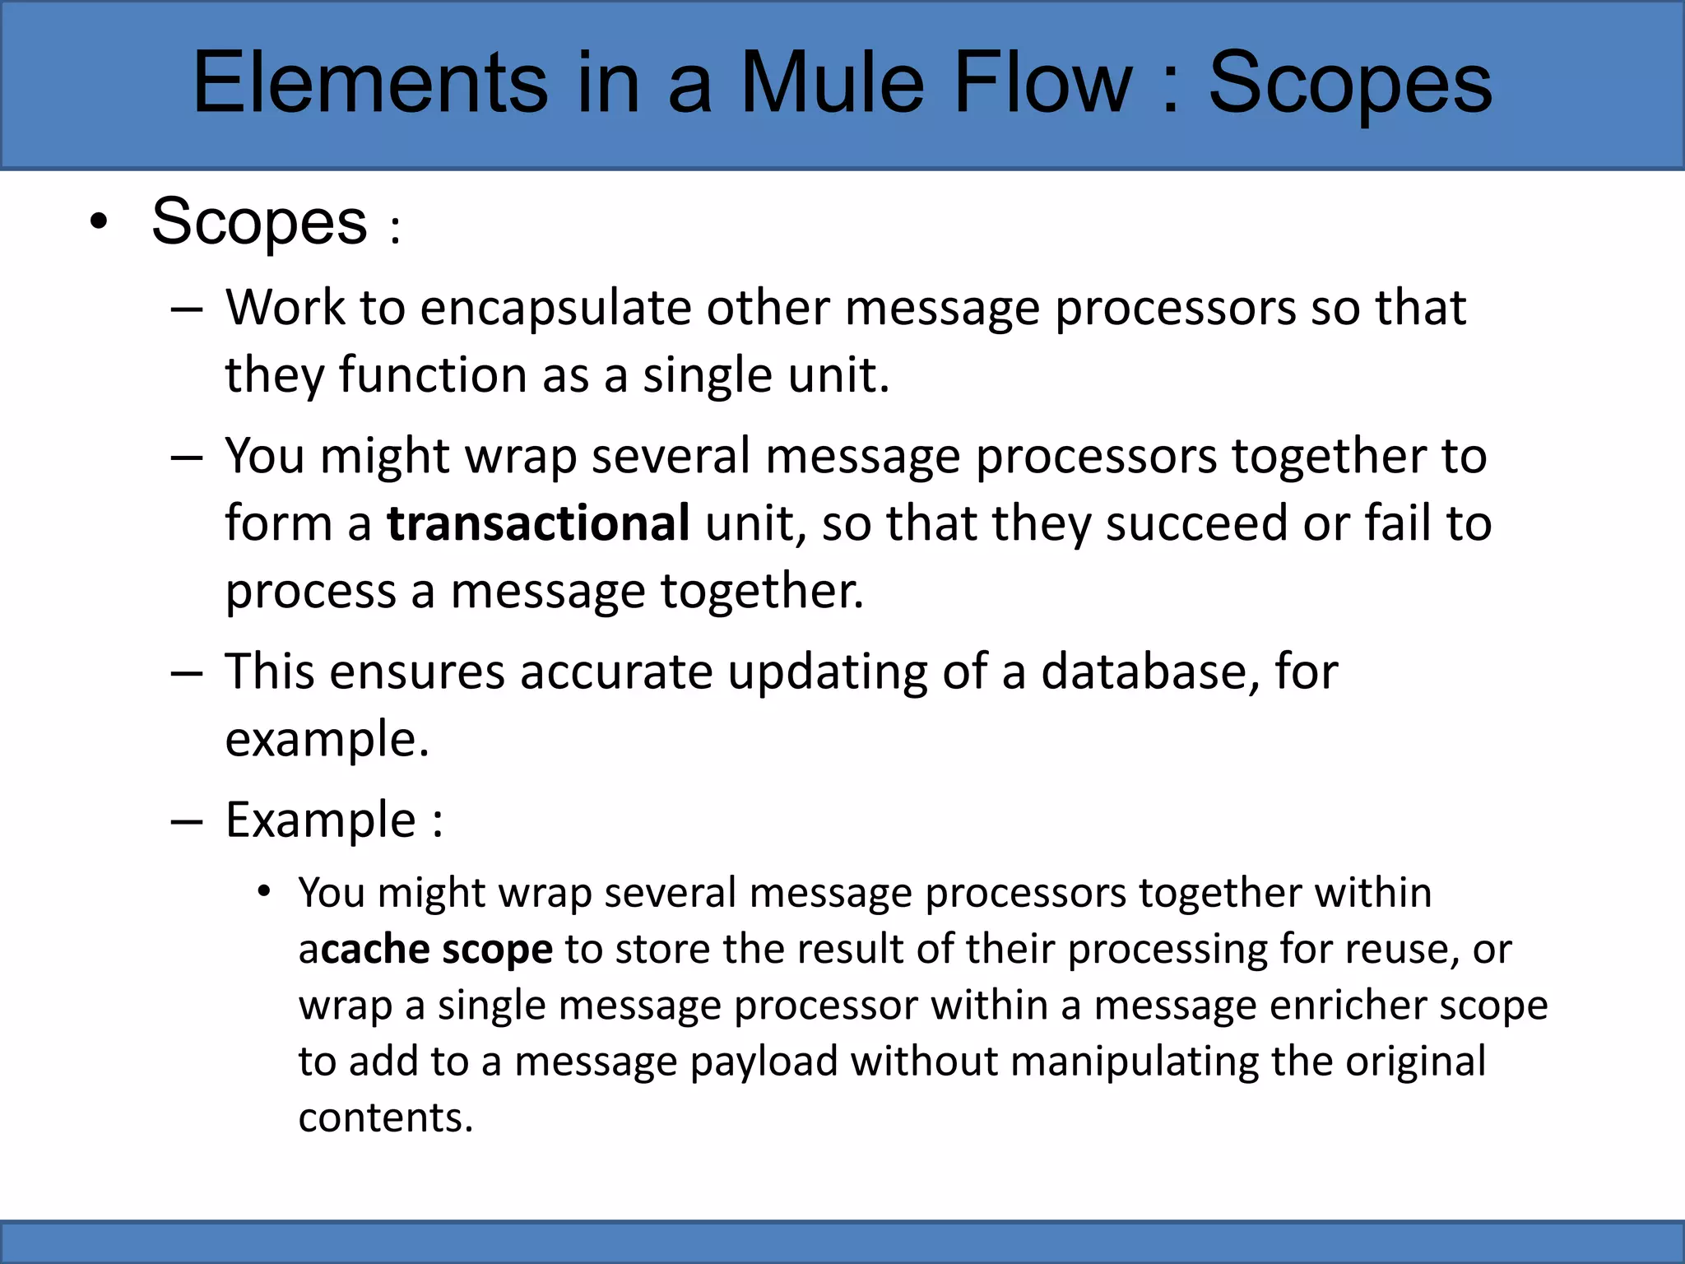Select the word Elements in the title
tap(370, 82)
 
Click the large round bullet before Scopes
tap(99, 221)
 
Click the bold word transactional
tap(538, 523)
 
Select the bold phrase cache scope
tap(437, 950)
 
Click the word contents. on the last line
tap(385, 1118)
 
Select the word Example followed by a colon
tap(321, 820)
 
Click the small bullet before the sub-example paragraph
tap(263, 892)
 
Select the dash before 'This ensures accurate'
tap(187, 673)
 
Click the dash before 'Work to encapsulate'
tap(187, 309)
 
